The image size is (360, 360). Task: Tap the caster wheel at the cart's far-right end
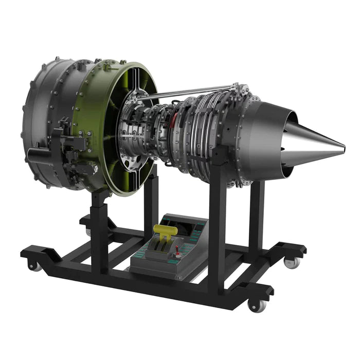(291, 262)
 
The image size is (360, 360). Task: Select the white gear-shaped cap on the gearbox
(93, 168)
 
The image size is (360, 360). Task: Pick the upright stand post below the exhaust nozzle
(256, 216)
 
